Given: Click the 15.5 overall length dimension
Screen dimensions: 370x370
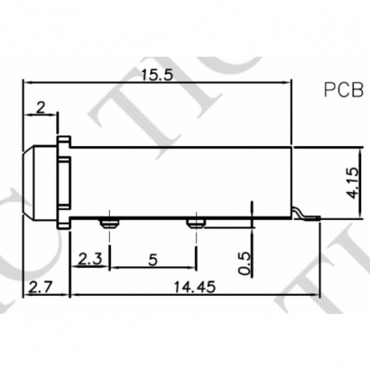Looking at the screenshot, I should [x=156, y=75].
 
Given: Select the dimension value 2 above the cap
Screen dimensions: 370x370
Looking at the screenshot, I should [x=40, y=107].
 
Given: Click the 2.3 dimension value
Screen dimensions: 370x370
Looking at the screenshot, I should [x=89, y=260].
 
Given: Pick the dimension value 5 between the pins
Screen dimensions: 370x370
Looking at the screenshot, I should [x=152, y=260].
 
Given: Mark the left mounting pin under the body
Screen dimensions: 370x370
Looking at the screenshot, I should [x=108, y=222].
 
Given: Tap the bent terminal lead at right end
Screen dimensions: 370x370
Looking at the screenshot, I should [x=303, y=216].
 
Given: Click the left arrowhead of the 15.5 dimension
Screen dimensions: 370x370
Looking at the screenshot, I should [x=26, y=85].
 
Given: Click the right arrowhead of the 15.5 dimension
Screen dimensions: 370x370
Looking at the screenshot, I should [x=289, y=85].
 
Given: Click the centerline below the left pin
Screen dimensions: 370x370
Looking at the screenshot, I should [x=108, y=248].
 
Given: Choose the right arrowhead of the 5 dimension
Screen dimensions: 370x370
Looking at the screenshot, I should [x=191, y=268].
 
